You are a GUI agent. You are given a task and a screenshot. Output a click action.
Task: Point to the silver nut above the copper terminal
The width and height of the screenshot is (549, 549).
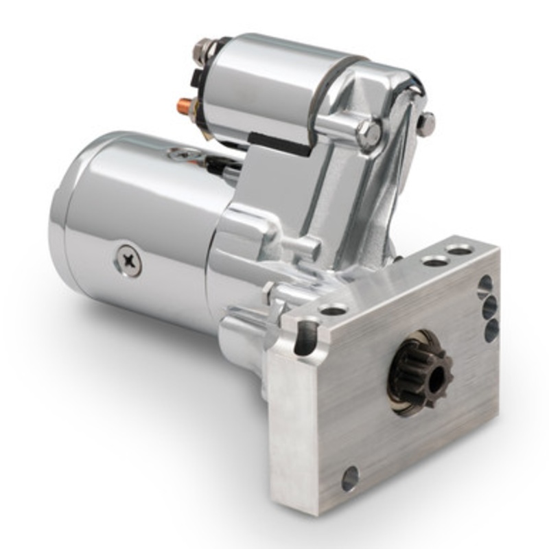pos(202,48)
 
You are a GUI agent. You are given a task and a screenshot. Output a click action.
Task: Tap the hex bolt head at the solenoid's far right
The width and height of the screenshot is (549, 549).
pos(426,124)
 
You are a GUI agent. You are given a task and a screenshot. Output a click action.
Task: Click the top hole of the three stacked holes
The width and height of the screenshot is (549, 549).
pos(484,285)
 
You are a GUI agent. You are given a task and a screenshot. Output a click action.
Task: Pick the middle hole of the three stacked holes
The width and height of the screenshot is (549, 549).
pos(489,307)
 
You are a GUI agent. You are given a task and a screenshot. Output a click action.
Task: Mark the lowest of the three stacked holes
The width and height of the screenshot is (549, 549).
pos(491,331)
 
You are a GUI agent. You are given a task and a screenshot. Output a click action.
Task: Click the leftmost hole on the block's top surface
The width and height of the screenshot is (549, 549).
pos(333,309)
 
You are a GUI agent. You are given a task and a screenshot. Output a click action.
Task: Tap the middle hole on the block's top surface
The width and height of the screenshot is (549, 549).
pos(434,261)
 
